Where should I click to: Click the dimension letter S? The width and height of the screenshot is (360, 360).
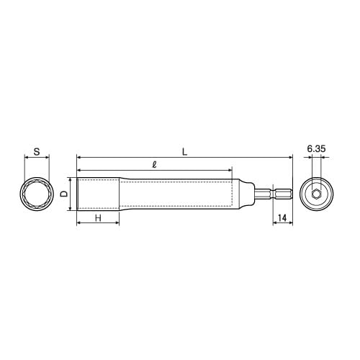(x=36, y=153)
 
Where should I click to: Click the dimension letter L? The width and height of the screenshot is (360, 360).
(x=184, y=151)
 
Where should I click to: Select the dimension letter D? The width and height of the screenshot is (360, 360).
(x=64, y=194)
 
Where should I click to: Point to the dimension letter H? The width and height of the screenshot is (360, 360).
(x=97, y=217)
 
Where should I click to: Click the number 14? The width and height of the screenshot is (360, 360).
(x=283, y=217)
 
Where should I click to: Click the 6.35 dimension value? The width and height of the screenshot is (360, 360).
(x=317, y=149)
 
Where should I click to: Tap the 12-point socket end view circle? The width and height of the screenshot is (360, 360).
(x=37, y=194)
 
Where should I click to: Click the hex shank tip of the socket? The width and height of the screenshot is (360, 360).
(x=282, y=194)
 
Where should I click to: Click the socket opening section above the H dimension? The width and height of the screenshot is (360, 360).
(x=97, y=194)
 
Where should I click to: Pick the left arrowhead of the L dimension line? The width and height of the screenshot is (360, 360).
(x=78, y=156)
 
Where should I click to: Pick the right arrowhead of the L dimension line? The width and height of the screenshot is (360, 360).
(x=291, y=156)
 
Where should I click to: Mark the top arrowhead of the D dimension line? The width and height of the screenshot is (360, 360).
(x=70, y=180)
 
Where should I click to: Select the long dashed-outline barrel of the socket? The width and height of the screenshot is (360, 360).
(x=176, y=194)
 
